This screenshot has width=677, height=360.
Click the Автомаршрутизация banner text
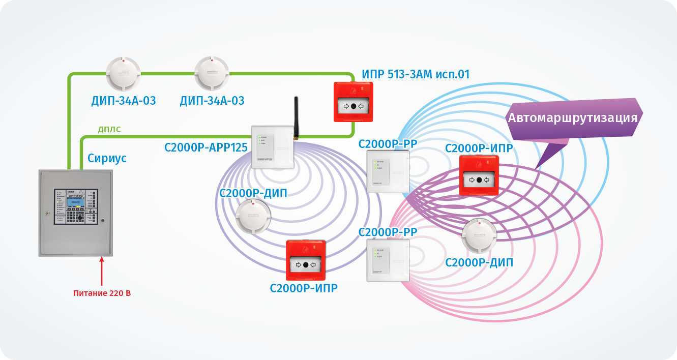pos(572,118)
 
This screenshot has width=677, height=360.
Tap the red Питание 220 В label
pos(102,293)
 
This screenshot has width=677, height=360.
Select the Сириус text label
pos(107,158)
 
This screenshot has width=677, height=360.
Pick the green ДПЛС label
pos(109,130)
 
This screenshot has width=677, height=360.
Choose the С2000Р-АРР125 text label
pos(205,148)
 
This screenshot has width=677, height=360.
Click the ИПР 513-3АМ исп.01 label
pos(416,75)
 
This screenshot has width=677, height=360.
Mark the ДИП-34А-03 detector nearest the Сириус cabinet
pos(123,74)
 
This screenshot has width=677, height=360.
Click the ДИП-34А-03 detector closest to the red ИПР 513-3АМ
pos(212,74)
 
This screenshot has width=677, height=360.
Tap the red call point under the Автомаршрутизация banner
pos(479,175)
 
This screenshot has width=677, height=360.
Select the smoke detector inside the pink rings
pos(479,236)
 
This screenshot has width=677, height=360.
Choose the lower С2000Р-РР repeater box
pos(388,260)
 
